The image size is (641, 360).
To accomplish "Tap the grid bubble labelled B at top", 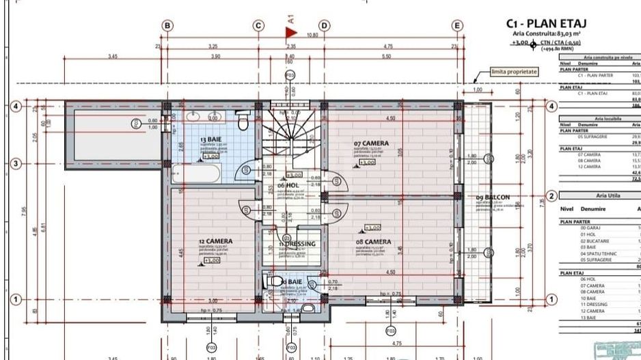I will (167, 25).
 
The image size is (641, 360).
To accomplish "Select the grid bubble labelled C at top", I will (258, 25).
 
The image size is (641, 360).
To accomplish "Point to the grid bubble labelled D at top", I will (325, 25).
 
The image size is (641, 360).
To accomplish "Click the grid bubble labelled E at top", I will (457, 25).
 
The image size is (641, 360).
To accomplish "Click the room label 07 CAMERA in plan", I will (370, 143).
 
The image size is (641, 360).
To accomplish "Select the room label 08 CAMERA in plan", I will (373, 242).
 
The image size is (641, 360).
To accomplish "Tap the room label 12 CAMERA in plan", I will (216, 241).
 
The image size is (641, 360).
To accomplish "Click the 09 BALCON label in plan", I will (493, 198).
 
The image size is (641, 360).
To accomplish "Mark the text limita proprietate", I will (515, 71).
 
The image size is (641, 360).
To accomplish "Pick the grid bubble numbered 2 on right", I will (551, 197).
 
